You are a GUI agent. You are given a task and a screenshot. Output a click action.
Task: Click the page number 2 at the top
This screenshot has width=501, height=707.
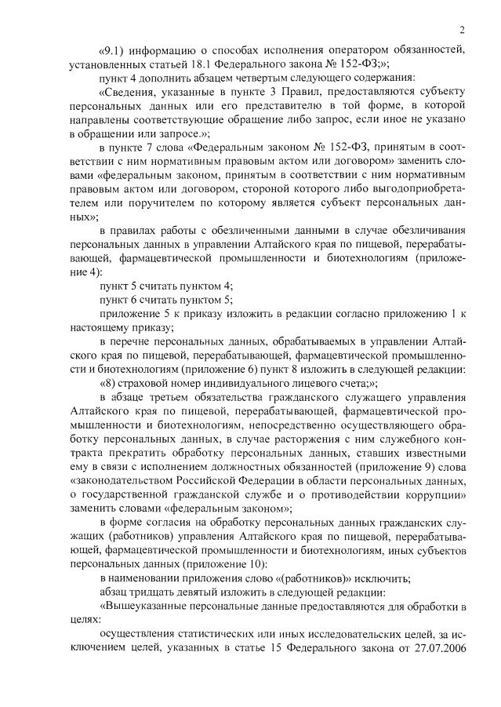[x=463, y=31]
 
